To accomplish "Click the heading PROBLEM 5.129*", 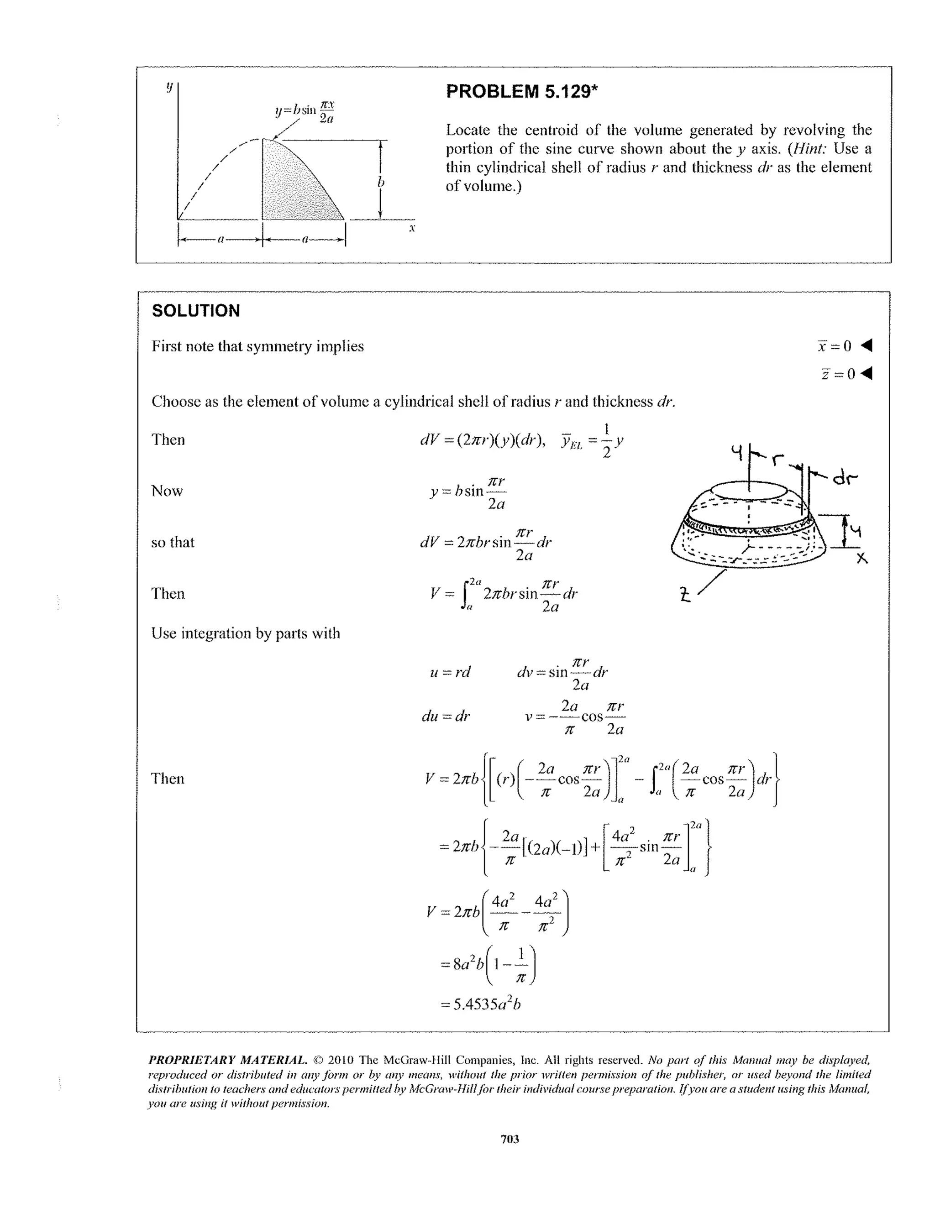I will (522, 91).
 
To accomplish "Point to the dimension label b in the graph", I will (381, 182).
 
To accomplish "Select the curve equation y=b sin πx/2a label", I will (305, 111).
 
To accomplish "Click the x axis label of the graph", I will (412, 228).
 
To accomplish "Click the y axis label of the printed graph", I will (169, 87).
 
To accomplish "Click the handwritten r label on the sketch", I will (778, 459).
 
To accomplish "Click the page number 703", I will (510, 1139).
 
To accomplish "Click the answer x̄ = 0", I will (835, 346).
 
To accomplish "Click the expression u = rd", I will (450, 672).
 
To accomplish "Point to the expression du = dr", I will (446, 716).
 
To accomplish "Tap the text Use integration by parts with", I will (246, 633).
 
